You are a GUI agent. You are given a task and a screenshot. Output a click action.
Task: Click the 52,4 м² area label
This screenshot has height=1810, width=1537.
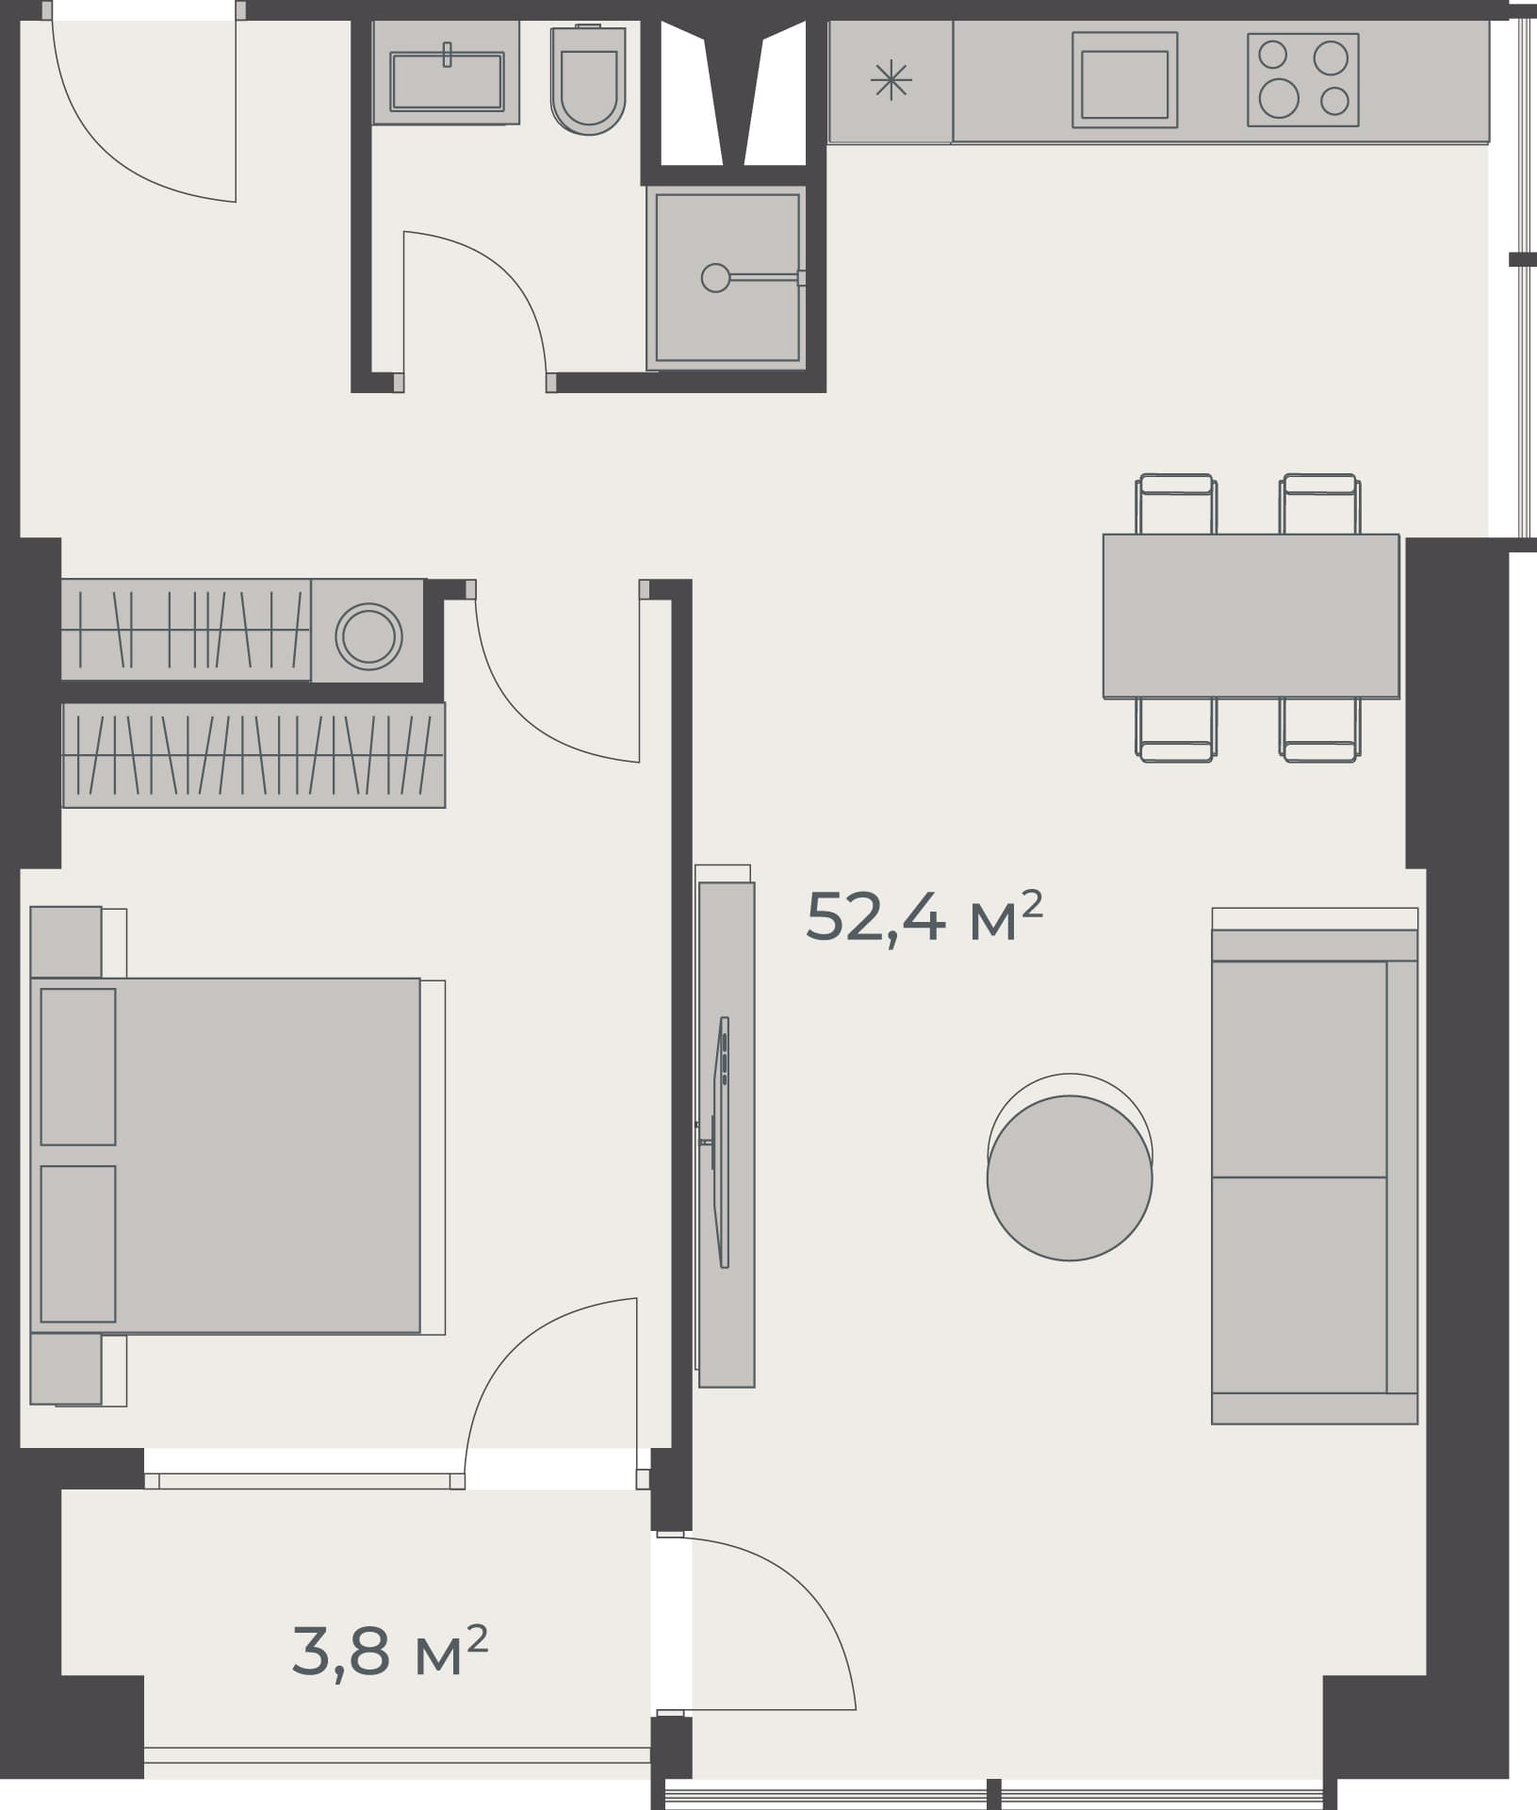(924, 916)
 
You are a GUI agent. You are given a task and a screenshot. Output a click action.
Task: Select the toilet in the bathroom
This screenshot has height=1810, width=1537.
(588, 84)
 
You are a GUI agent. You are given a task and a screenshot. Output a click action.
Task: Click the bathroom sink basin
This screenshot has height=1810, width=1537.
(447, 80)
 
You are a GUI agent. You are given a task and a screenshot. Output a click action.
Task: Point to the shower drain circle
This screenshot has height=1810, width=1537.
(715, 277)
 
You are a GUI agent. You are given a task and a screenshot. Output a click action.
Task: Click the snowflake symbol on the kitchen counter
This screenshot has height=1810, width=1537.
(891, 80)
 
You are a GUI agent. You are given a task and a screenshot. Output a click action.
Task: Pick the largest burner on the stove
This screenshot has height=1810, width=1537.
(1279, 97)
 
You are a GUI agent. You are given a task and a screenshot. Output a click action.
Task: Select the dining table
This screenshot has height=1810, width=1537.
(1251, 616)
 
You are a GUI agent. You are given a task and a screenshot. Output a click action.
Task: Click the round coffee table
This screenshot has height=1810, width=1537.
(1070, 1177)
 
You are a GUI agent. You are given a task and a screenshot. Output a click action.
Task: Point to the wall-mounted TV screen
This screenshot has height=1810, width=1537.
(723, 1142)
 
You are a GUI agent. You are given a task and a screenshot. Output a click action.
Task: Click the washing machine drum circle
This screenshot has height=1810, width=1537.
(368, 635)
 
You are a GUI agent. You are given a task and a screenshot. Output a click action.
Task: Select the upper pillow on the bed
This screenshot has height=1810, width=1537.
(78, 1066)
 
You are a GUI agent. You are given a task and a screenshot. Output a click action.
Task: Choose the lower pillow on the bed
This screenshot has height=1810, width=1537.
(78, 1243)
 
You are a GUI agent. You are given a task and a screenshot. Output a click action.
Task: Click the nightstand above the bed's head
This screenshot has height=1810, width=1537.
(66, 942)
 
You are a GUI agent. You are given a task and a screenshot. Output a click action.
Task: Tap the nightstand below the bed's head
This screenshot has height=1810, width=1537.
(66, 1368)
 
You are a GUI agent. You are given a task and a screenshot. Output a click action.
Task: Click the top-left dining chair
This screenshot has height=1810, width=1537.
(1176, 504)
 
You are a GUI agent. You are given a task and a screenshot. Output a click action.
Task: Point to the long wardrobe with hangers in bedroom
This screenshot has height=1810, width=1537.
(253, 755)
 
